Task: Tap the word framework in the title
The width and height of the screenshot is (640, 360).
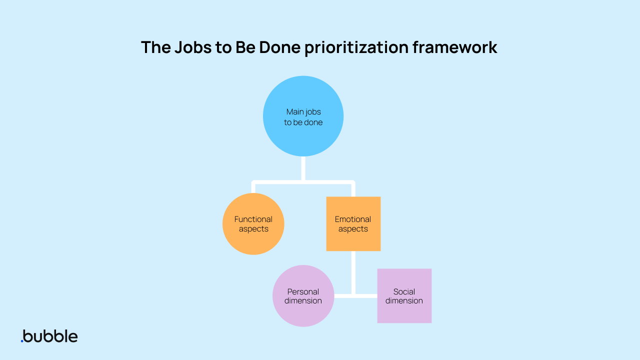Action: tap(454, 47)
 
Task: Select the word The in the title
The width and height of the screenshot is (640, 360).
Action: tap(155, 47)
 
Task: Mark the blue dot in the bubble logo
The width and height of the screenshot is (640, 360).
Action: tap(22, 341)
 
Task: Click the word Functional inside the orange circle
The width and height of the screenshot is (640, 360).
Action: tap(253, 219)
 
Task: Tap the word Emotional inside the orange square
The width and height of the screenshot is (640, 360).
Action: tap(353, 219)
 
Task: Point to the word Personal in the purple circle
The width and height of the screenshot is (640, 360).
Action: tap(303, 291)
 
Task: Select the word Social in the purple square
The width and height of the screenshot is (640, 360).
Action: tap(404, 291)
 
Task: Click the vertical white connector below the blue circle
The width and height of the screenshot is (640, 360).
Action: tap(303, 168)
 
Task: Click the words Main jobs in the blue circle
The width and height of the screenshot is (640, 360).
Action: tap(303, 112)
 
